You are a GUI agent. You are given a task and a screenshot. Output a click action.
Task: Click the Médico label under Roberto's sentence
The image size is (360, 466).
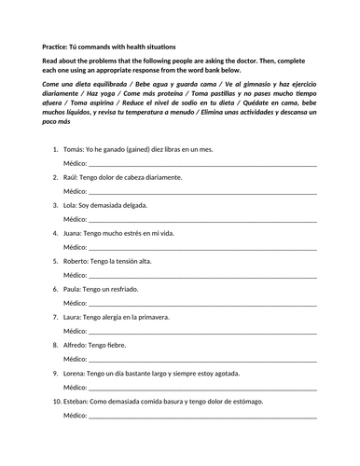tap(75, 275)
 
